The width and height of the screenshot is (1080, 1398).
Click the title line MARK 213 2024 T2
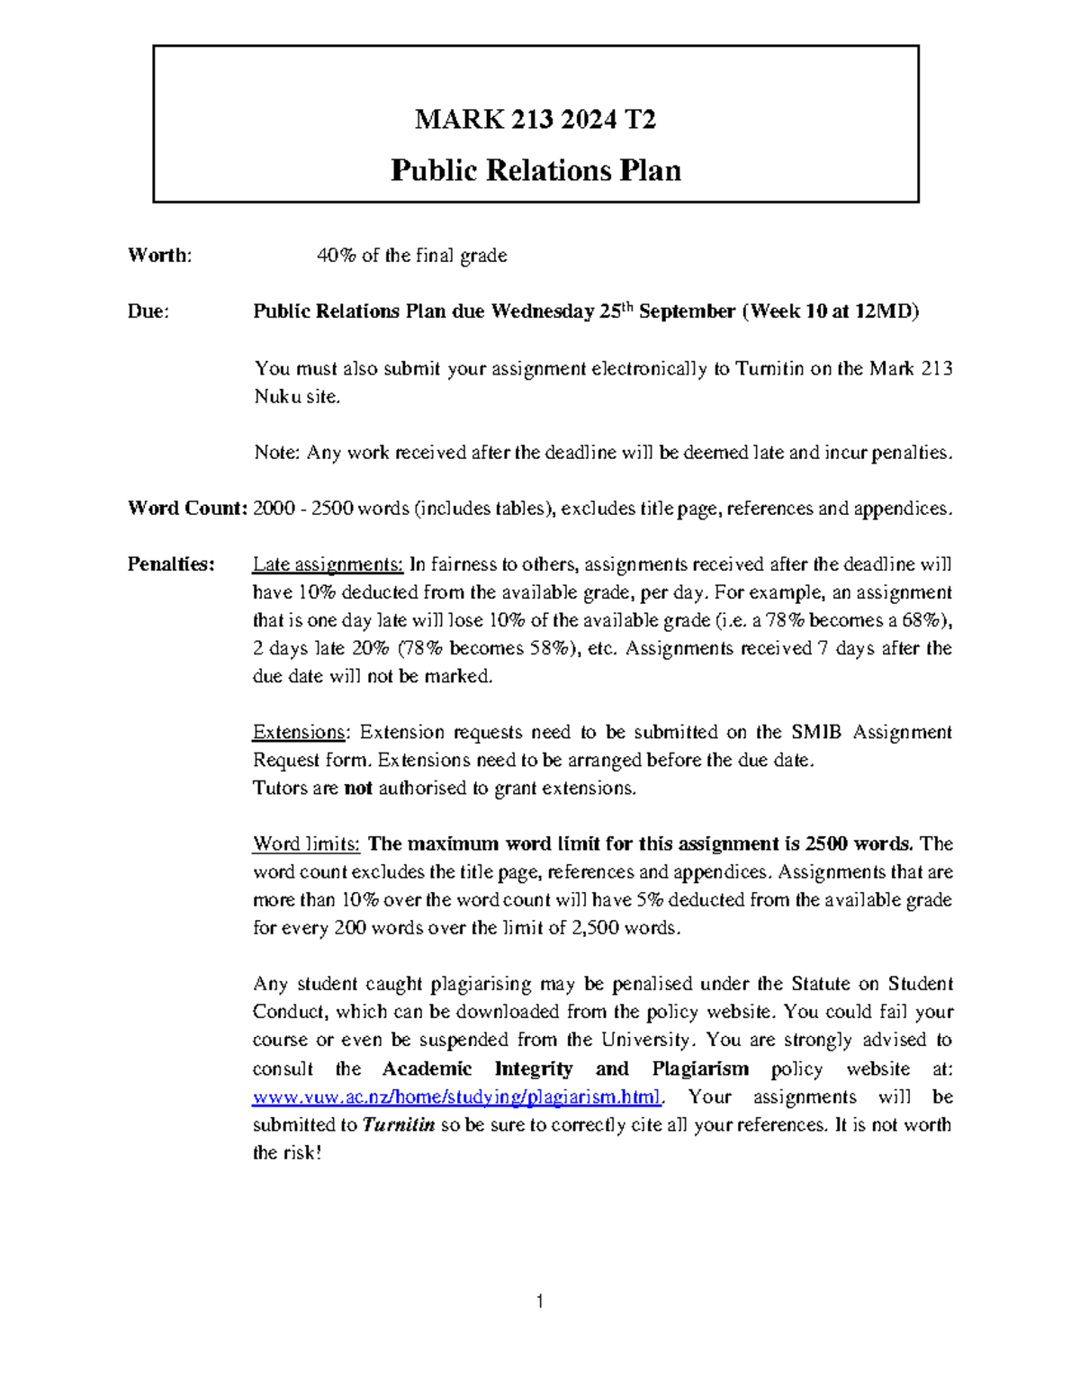pyautogui.click(x=535, y=119)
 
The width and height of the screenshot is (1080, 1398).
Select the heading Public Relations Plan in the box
pyautogui.click(x=535, y=170)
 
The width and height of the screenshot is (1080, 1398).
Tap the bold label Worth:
pyautogui.click(x=159, y=256)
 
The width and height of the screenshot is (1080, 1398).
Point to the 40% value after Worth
pyautogui.click(x=336, y=256)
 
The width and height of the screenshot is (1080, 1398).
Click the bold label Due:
pyautogui.click(x=148, y=311)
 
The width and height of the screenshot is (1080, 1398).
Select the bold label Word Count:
pyautogui.click(x=187, y=509)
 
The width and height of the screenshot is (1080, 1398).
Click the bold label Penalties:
pyautogui.click(x=171, y=564)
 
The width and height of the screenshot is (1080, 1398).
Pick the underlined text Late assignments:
pyautogui.click(x=328, y=564)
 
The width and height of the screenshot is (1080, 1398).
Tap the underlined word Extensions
pyautogui.click(x=299, y=732)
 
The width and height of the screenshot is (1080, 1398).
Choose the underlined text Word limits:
pyautogui.click(x=306, y=844)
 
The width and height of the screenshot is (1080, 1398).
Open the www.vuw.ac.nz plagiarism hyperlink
pyautogui.click(x=457, y=1097)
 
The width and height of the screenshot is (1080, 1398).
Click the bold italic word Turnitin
pyautogui.click(x=398, y=1125)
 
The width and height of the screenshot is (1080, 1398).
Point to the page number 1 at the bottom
pyautogui.click(x=539, y=1302)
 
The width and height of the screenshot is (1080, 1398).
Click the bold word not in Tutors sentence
pyautogui.click(x=358, y=789)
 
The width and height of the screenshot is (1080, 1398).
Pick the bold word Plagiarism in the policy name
pyautogui.click(x=700, y=1069)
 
